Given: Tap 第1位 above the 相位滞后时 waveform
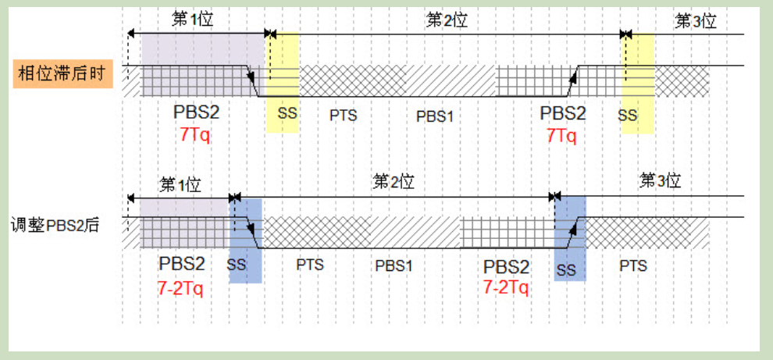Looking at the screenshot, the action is point(192,20).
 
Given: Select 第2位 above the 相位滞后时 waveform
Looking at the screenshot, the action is point(446,20).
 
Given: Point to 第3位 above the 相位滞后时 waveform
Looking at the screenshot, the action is point(695,21).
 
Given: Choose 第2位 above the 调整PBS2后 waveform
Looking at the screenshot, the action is point(393,182).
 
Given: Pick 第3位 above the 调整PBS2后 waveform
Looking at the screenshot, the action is point(660,181).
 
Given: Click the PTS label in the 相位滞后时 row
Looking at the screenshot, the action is point(343,116).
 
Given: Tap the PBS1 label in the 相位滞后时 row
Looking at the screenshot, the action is point(434,116).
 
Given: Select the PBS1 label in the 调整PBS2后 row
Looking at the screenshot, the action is point(394,266).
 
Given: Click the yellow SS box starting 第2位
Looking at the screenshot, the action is point(283,82).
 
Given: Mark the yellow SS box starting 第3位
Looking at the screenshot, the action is point(637,82).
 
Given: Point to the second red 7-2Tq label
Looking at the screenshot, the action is point(505,287).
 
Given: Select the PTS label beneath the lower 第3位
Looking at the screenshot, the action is point(633,266).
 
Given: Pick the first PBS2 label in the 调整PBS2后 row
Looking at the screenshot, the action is point(181,263).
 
